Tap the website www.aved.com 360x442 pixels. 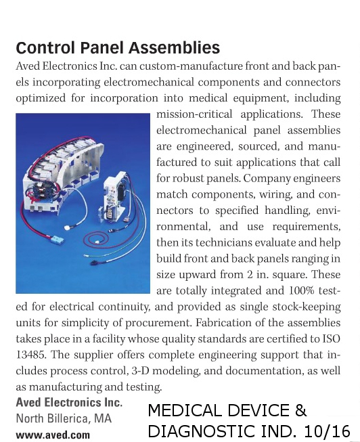[x=52, y=435]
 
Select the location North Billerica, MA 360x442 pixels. [x=63, y=418]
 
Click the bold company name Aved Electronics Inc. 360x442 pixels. [x=68, y=403]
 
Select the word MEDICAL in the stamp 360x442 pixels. [x=181, y=410]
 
